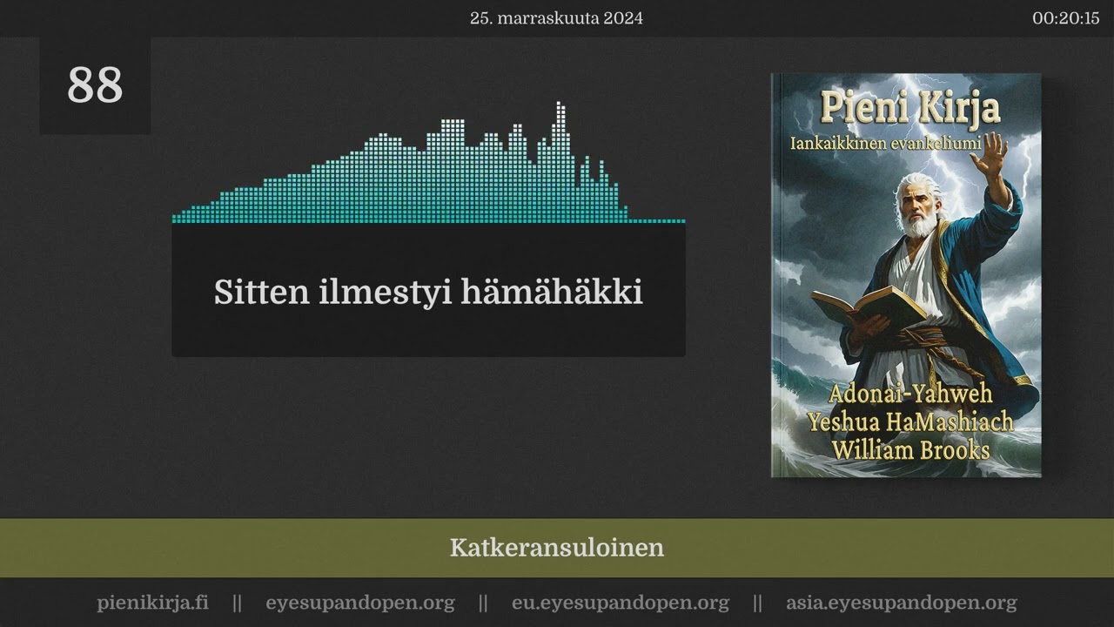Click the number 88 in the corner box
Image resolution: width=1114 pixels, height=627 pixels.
pyautogui.click(x=95, y=85)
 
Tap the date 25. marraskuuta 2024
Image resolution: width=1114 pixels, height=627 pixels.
pyautogui.click(x=556, y=18)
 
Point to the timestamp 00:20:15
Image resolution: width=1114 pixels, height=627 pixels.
pyautogui.click(x=1065, y=18)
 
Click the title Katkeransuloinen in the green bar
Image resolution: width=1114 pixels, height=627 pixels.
pyautogui.click(x=556, y=548)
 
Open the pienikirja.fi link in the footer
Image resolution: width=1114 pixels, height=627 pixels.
pyautogui.click(x=152, y=603)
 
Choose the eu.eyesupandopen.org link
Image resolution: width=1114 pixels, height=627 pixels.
pyautogui.click(x=620, y=603)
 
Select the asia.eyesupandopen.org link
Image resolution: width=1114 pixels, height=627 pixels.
pyautogui.click(x=901, y=603)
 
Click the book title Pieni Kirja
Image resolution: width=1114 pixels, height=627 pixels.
pyautogui.click(x=909, y=109)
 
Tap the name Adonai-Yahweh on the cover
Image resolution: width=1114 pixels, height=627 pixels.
pyautogui.click(x=909, y=393)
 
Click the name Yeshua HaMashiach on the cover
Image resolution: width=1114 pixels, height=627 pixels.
pyautogui.click(x=909, y=422)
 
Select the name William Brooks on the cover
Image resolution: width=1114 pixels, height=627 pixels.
pyautogui.click(x=909, y=450)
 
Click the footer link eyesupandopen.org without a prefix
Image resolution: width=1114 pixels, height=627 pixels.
pyautogui.click(x=359, y=603)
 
